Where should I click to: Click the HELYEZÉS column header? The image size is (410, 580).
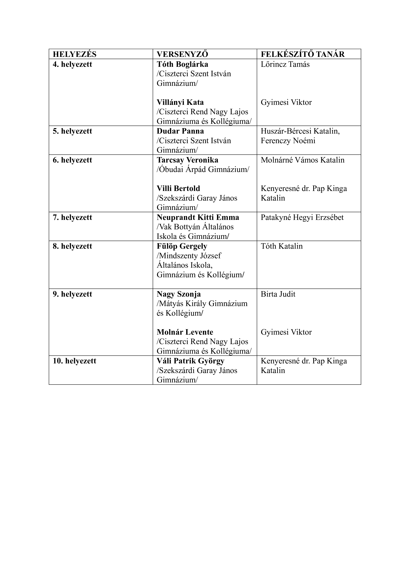[x=75, y=54]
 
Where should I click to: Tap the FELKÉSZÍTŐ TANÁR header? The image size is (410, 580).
[x=302, y=54]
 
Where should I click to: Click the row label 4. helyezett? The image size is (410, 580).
[x=72, y=64]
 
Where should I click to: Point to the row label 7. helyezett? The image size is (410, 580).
[x=72, y=218]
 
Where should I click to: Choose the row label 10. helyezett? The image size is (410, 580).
[x=75, y=361]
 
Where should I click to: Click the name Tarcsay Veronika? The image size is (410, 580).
[x=187, y=160]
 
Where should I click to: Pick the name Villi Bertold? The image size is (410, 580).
[x=178, y=189]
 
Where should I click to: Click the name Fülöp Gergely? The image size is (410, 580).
[x=182, y=246]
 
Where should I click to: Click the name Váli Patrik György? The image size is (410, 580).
[x=190, y=361]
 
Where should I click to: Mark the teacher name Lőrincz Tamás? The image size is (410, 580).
[x=285, y=64]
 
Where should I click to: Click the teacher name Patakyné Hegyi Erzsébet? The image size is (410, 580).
[x=302, y=218]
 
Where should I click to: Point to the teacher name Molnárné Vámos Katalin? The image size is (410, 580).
[x=302, y=160]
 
